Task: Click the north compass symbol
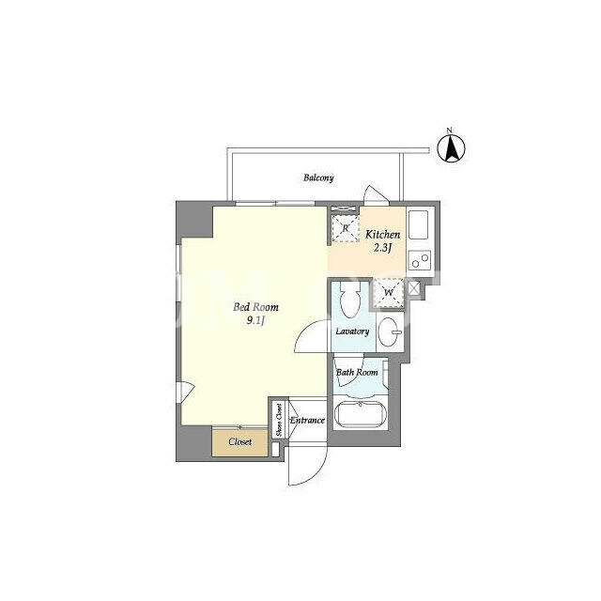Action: tap(451, 147)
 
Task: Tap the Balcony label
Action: tap(318, 177)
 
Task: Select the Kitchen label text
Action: tap(382, 234)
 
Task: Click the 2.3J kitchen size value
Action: tap(382, 248)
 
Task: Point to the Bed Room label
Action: tap(255, 307)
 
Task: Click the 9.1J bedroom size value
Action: tap(255, 320)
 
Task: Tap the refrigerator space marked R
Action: tap(346, 228)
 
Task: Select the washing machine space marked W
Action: tap(389, 293)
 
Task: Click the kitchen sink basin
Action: tap(418, 223)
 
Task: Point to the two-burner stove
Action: tap(420, 260)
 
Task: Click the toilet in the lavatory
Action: tap(349, 300)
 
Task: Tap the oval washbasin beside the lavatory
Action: tap(390, 331)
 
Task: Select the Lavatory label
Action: tap(352, 331)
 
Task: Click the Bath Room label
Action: tap(357, 372)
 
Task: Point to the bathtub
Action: tap(361, 413)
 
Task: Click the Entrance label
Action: tap(307, 421)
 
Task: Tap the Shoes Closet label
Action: tap(279, 420)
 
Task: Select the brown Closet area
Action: tap(240, 442)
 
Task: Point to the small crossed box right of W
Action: tap(413, 288)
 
